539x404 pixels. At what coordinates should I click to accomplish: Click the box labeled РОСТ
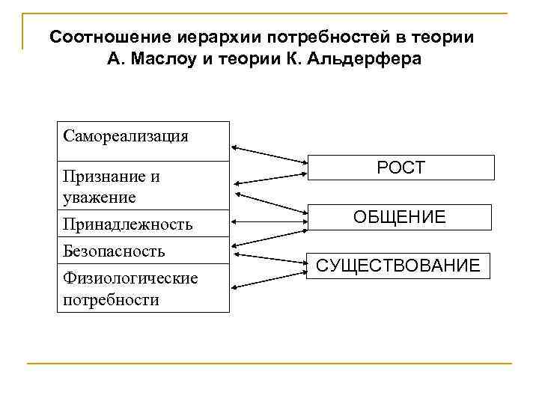tap(401, 168)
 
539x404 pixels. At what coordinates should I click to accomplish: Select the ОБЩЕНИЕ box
tap(401, 217)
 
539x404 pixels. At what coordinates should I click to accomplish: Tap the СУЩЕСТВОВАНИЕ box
tap(398, 266)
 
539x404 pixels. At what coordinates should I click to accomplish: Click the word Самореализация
tap(126, 136)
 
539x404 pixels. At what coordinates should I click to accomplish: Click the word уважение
tap(100, 198)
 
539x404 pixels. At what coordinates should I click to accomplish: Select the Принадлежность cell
tap(128, 224)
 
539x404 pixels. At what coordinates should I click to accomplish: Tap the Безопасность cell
tap(114, 251)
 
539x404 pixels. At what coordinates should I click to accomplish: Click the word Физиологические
tap(130, 279)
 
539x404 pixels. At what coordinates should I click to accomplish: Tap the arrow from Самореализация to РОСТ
tap(269, 153)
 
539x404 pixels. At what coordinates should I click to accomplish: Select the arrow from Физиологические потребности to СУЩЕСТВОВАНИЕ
tap(269, 277)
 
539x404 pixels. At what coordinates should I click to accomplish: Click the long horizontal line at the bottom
tap(269, 364)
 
